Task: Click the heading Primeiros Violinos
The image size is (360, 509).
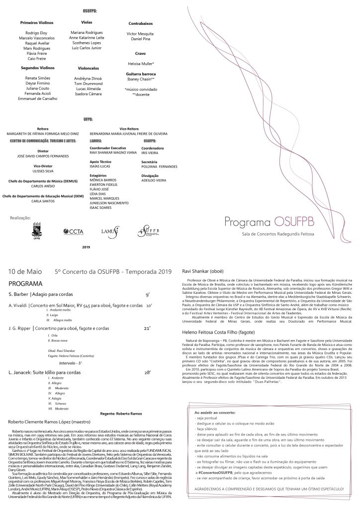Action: pos(37,23)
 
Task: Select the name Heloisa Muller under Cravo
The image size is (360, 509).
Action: pos(141,64)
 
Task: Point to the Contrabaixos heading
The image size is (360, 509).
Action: pos(141,23)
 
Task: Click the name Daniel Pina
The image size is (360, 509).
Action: pos(141,38)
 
